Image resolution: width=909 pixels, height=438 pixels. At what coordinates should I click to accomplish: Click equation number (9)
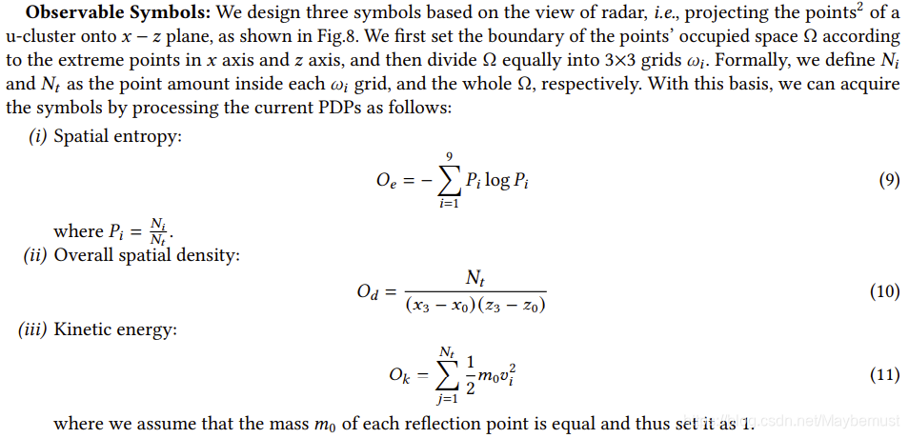coord(887,180)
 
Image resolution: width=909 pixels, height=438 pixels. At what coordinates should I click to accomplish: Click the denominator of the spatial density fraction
coord(475,306)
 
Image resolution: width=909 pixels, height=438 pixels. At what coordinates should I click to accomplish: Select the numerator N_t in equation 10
coord(475,278)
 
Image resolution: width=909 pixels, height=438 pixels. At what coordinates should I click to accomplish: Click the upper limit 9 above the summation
coord(449,155)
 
